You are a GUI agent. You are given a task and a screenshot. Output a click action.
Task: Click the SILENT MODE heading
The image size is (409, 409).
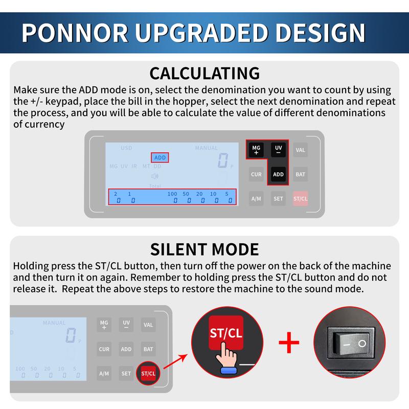click(x=204, y=249)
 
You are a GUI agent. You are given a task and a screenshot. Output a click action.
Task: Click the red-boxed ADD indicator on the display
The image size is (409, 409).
click(x=160, y=158)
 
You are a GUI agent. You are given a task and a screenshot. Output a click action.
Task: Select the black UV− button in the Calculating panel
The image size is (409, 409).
click(x=278, y=150)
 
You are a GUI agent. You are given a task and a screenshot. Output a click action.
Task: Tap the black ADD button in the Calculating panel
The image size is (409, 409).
click(x=278, y=174)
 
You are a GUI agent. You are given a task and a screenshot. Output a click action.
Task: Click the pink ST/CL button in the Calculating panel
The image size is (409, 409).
click(x=301, y=198)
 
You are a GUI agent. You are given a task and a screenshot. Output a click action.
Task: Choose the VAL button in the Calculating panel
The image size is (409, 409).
click(x=301, y=150)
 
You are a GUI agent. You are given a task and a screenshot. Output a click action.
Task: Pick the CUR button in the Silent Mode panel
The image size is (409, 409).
click(x=104, y=350)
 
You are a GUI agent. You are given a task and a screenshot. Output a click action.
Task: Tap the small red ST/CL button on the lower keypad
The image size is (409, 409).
click(x=148, y=374)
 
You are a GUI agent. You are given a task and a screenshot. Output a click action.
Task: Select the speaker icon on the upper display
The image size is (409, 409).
click(x=155, y=176)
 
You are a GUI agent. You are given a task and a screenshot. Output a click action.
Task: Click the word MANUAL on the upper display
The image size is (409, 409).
click(x=206, y=148)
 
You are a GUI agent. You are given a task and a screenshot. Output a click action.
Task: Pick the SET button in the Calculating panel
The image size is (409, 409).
click(x=278, y=198)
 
